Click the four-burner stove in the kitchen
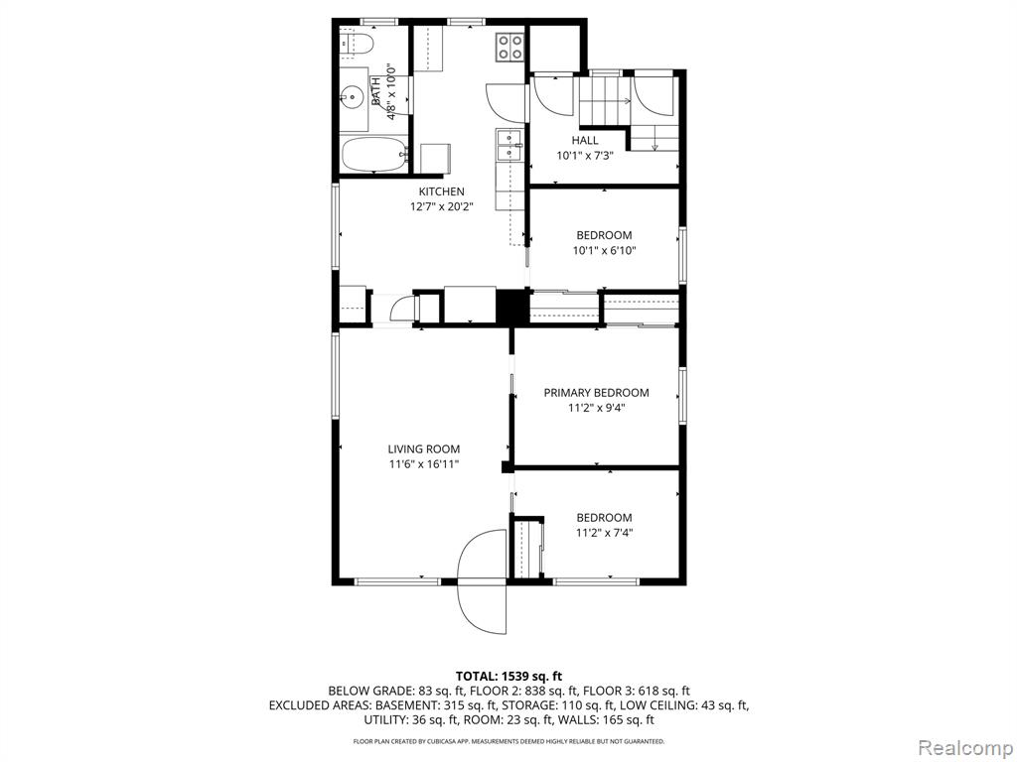coord(509,47)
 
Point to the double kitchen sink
coord(509,145)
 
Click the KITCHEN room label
coord(442,191)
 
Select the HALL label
coord(585,141)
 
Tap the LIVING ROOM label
coord(424,449)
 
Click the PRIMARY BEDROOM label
coord(596,393)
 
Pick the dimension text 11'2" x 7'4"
coord(605,533)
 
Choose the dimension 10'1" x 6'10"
coord(605,251)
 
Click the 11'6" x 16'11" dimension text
coord(424,464)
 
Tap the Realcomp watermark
coord(964,747)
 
